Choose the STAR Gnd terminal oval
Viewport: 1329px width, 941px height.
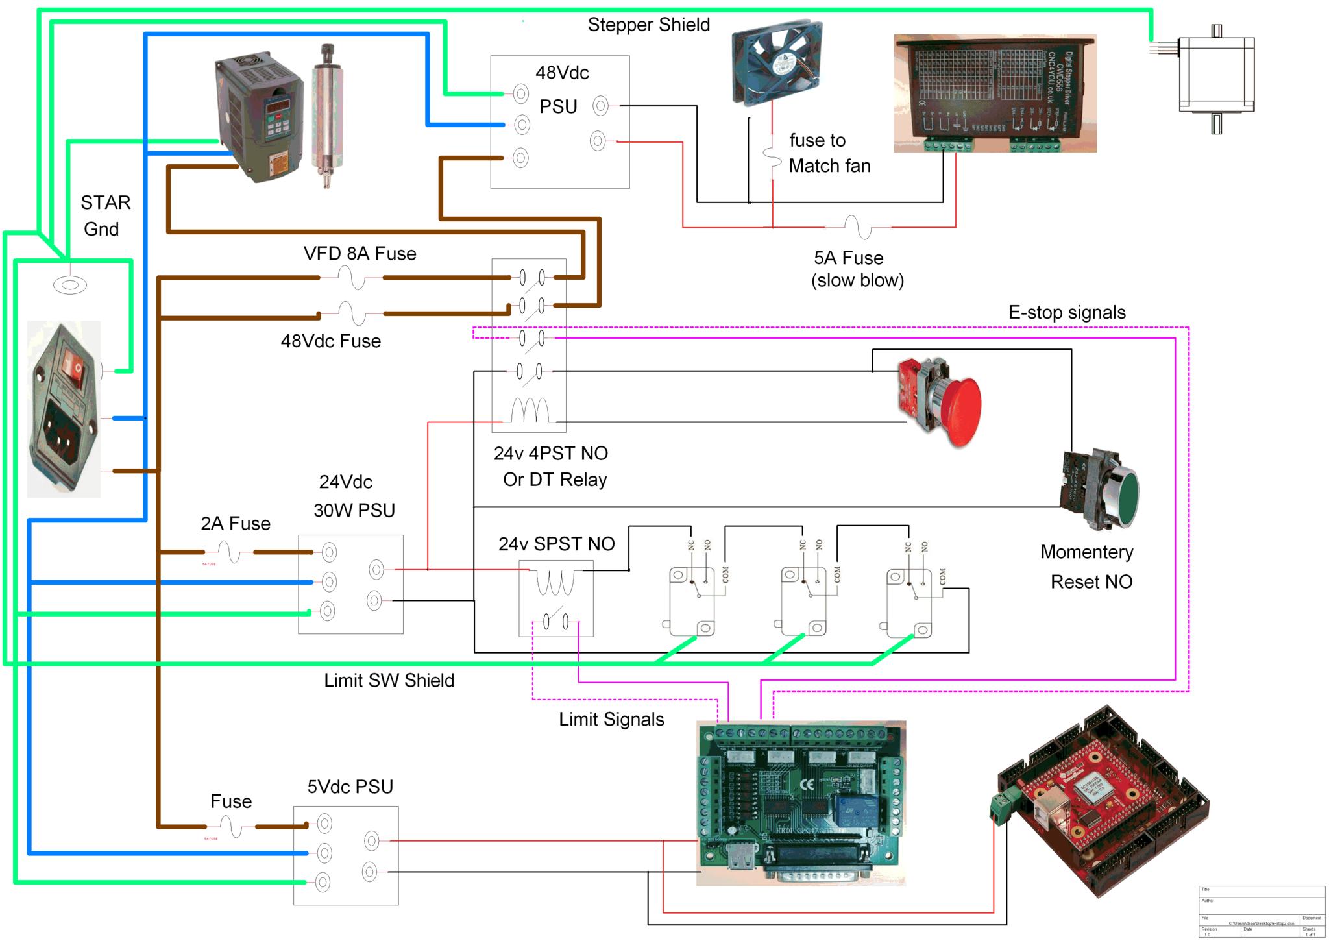click(69, 285)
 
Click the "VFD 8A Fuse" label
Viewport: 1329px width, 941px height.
click(360, 254)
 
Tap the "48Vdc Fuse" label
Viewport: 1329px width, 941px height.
click(330, 341)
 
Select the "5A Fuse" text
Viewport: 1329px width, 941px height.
click(848, 258)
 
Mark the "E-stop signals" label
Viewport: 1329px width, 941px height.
click(1066, 312)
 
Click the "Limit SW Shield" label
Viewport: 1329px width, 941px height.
click(389, 680)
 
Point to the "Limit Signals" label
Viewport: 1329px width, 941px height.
click(611, 719)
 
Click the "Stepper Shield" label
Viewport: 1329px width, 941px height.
click(648, 25)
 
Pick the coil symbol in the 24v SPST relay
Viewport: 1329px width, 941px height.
click(555, 582)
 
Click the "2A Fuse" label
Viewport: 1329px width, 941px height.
click(235, 524)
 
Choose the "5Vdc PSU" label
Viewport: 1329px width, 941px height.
click(350, 787)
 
